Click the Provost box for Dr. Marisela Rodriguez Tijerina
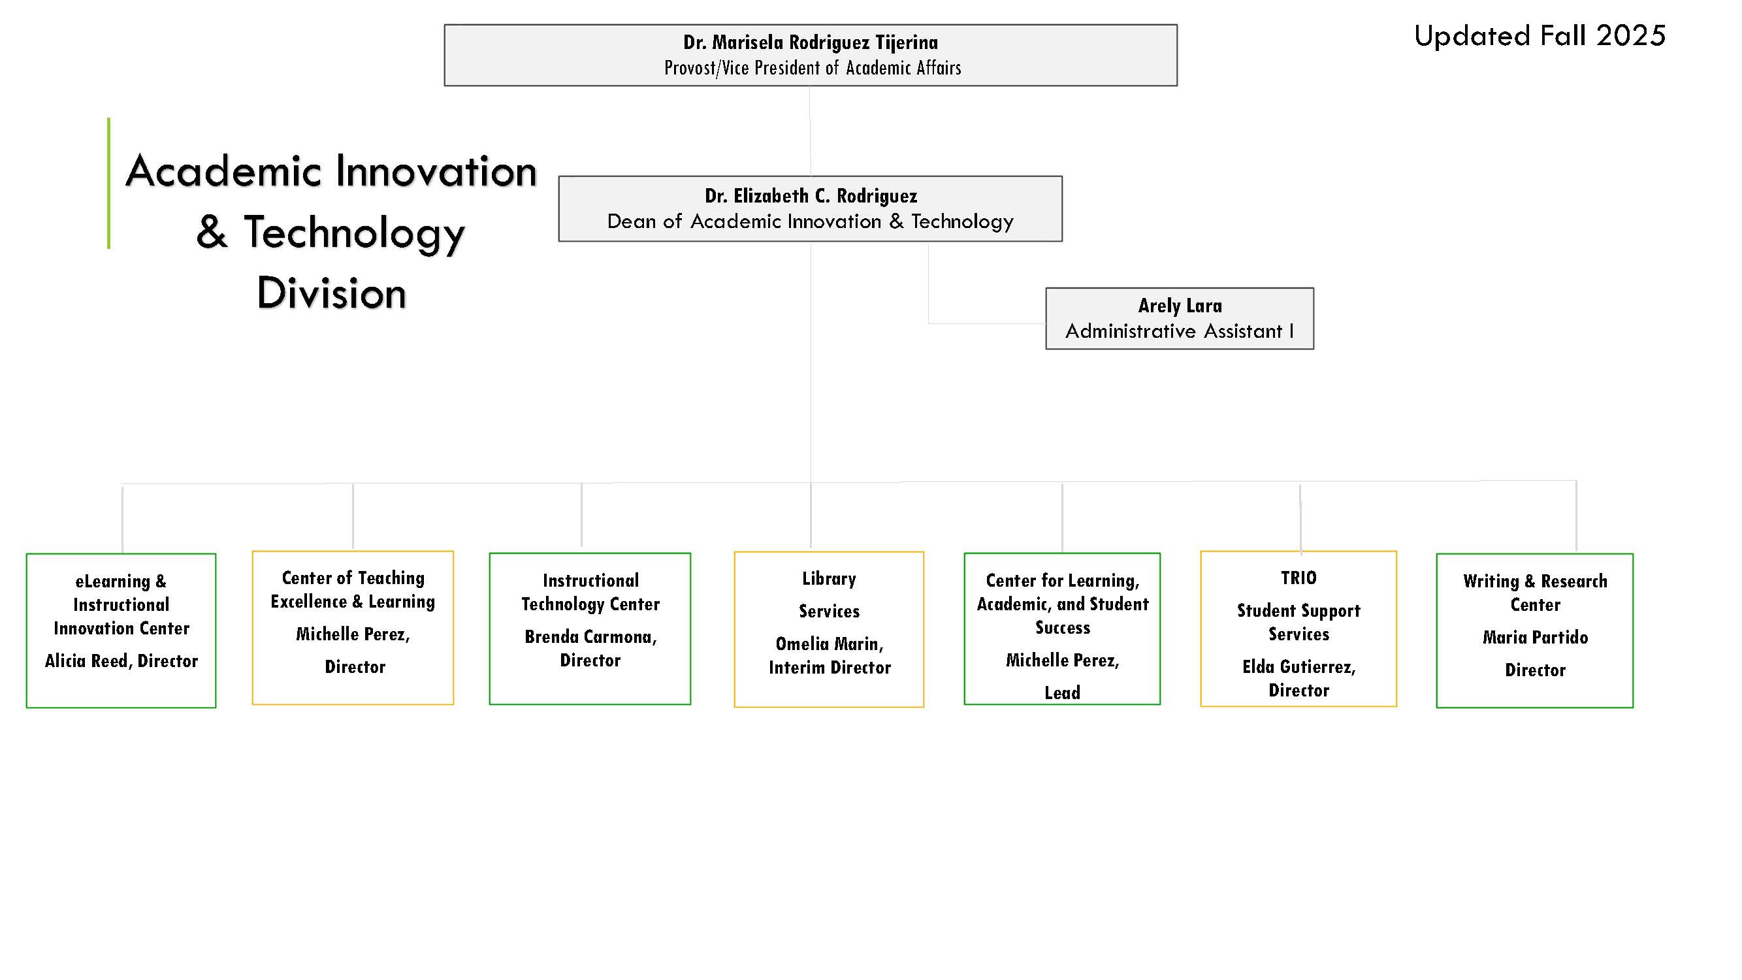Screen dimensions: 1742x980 pyautogui.click(x=810, y=55)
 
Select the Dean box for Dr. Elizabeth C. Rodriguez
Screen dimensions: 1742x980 pyautogui.click(x=810, y=208)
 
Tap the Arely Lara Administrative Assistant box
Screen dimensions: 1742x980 pyautogui.click(x=1180, y=319)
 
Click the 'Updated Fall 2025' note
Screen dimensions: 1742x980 pyautogui.click(x=1539, y=35)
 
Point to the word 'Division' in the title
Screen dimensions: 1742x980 pyautogui.click(x=331, y=293)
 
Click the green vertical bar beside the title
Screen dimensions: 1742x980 pyautogui.click(x=108, y=184)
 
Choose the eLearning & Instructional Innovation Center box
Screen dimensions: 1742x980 pyautogui.click(x=121, y=630)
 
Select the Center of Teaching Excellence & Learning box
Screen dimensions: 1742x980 pyautogui.click(x=353, y=628)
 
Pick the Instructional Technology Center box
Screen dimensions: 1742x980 pyautogui.click(x=590, y=629)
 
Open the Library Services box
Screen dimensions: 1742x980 pyautogui.click(x=829, y=630)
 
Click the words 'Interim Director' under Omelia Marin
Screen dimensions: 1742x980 pyautogui.click(x=830, y=668)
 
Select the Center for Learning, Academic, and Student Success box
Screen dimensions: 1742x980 pyautogui.click(x=1062, y=629)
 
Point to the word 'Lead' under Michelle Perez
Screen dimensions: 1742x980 pyautogui.click(x=1062, y=693)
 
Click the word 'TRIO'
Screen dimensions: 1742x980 pyautogui.click(x=1298, y=578)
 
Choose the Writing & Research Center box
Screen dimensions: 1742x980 pyautogui.click(x=1535, y=631)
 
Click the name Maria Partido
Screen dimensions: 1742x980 pyautogui.click(x=1535, y=637)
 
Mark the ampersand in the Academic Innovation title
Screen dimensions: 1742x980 pyautogui.click(x=212, y=232)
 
